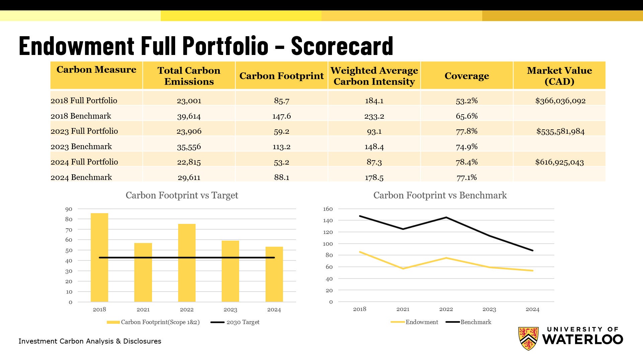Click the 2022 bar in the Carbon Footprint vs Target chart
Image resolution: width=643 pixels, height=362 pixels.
tap(187, 263)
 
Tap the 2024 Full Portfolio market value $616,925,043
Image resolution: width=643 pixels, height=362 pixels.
tap(559, 162)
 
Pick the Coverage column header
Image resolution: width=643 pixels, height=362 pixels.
tap(467, 76)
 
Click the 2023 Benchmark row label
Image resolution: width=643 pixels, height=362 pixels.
tap(81, 146)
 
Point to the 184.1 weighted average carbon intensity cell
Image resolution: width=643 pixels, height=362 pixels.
tap(374, 101)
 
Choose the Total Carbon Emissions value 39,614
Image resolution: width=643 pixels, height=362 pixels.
tap(189, 116)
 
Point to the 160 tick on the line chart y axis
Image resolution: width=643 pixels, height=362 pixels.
tap(328, 209)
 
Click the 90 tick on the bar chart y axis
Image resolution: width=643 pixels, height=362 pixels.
tap(69, 209)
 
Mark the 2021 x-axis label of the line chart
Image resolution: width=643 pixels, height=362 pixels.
tap(403, 309)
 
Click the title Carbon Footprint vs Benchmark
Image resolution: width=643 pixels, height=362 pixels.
tap(440, 195)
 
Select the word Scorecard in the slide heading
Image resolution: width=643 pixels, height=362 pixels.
tap(342, 46)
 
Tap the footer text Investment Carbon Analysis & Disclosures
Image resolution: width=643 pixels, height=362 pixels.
tap(90, 341)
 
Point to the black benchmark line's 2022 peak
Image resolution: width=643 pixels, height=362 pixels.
tap(446, 218)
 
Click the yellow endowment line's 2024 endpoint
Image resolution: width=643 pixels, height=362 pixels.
tap(532, 270)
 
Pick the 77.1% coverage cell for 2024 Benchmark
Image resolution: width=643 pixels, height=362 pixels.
tap(467, 177)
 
